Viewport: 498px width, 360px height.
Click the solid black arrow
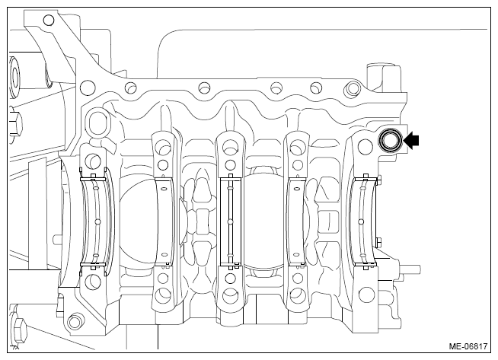(411, 140)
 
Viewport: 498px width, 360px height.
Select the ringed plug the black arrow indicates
(390, 140)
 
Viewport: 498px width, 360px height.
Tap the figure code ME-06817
(468, 346)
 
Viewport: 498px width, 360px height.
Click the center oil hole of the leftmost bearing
(97, 221)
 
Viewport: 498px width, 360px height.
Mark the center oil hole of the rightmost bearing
(360, 221)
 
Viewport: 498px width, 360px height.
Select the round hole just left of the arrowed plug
(365, 145)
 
